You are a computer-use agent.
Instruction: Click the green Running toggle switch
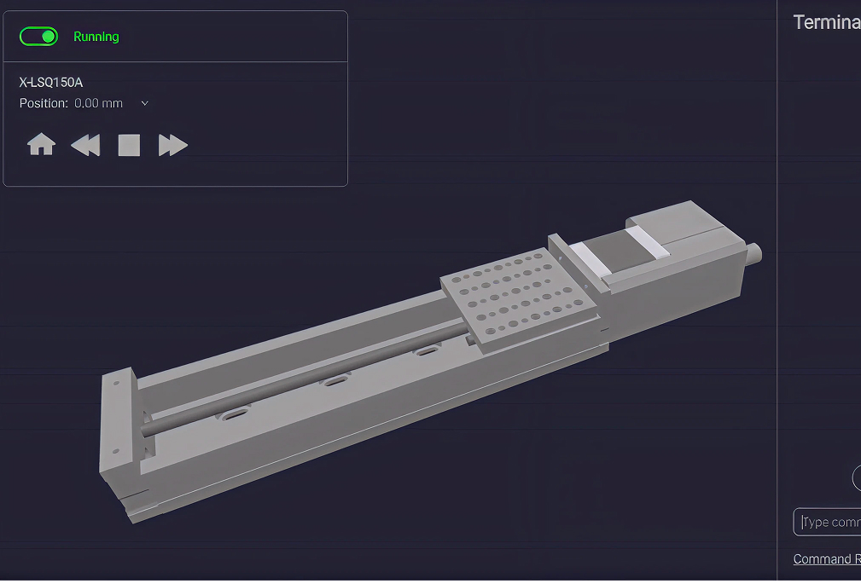(x=38, y=37)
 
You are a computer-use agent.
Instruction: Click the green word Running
(x=96, y=37)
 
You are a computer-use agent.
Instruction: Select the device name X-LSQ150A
(x=51, y=83)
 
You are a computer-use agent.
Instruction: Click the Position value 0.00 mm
(x=98, y=103)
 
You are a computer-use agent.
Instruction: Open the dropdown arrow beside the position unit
(x=144, y=103)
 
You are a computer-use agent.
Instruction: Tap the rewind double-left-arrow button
(x=85, y=145)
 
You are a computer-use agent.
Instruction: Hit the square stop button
(x=129, y=145)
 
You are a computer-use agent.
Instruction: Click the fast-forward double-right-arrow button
(x=172, y=145)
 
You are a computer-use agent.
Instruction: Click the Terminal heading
(x=826, y=23)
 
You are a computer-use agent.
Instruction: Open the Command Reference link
(x=826, y=559)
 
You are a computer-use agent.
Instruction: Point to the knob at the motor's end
(x=754, y=252)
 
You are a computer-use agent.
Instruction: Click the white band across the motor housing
(x=648, y=239)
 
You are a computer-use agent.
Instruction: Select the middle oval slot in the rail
(x=335, y=380)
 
